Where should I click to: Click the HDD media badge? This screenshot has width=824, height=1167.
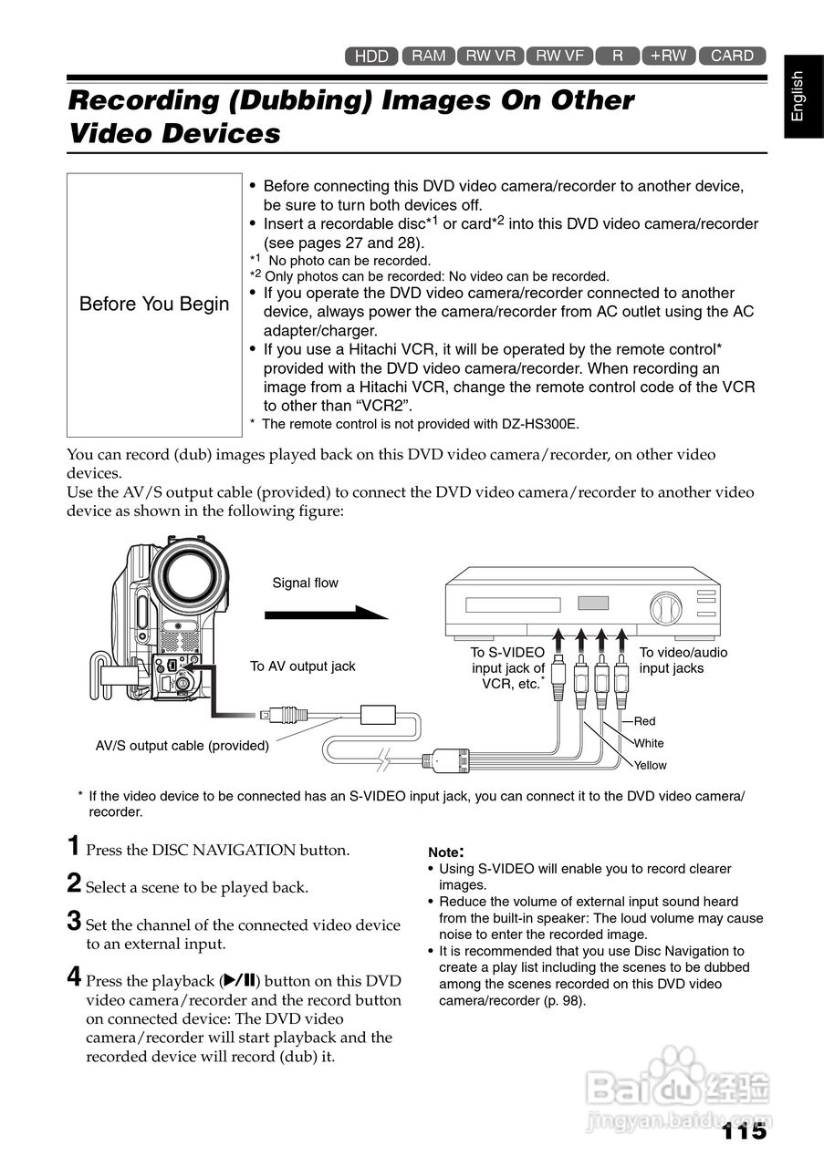coord(371,57)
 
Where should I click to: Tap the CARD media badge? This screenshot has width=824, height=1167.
coord(732,56)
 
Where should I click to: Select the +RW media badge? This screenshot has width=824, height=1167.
coord(668,56)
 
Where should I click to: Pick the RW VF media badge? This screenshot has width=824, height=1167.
coord(559,56)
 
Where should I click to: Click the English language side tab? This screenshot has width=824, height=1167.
coord(798,96)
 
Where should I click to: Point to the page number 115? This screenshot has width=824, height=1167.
coord(744,1131)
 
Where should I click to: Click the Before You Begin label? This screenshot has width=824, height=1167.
coord(154,304)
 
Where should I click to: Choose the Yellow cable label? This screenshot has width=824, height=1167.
coord(651,766)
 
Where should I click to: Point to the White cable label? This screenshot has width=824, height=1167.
coord(649,744)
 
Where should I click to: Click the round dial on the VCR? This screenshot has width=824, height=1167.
coord(665,608)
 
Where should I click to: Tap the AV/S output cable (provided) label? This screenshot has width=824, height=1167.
coord(183,746)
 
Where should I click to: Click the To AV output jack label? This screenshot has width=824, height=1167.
coord(303,666)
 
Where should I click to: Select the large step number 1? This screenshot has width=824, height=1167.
coord(74,845)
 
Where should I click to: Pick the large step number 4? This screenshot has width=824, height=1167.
coord(75,977)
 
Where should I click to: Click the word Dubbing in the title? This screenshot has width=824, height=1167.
coord(308,100)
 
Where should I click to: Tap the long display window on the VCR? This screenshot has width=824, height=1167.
coord(512,605)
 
